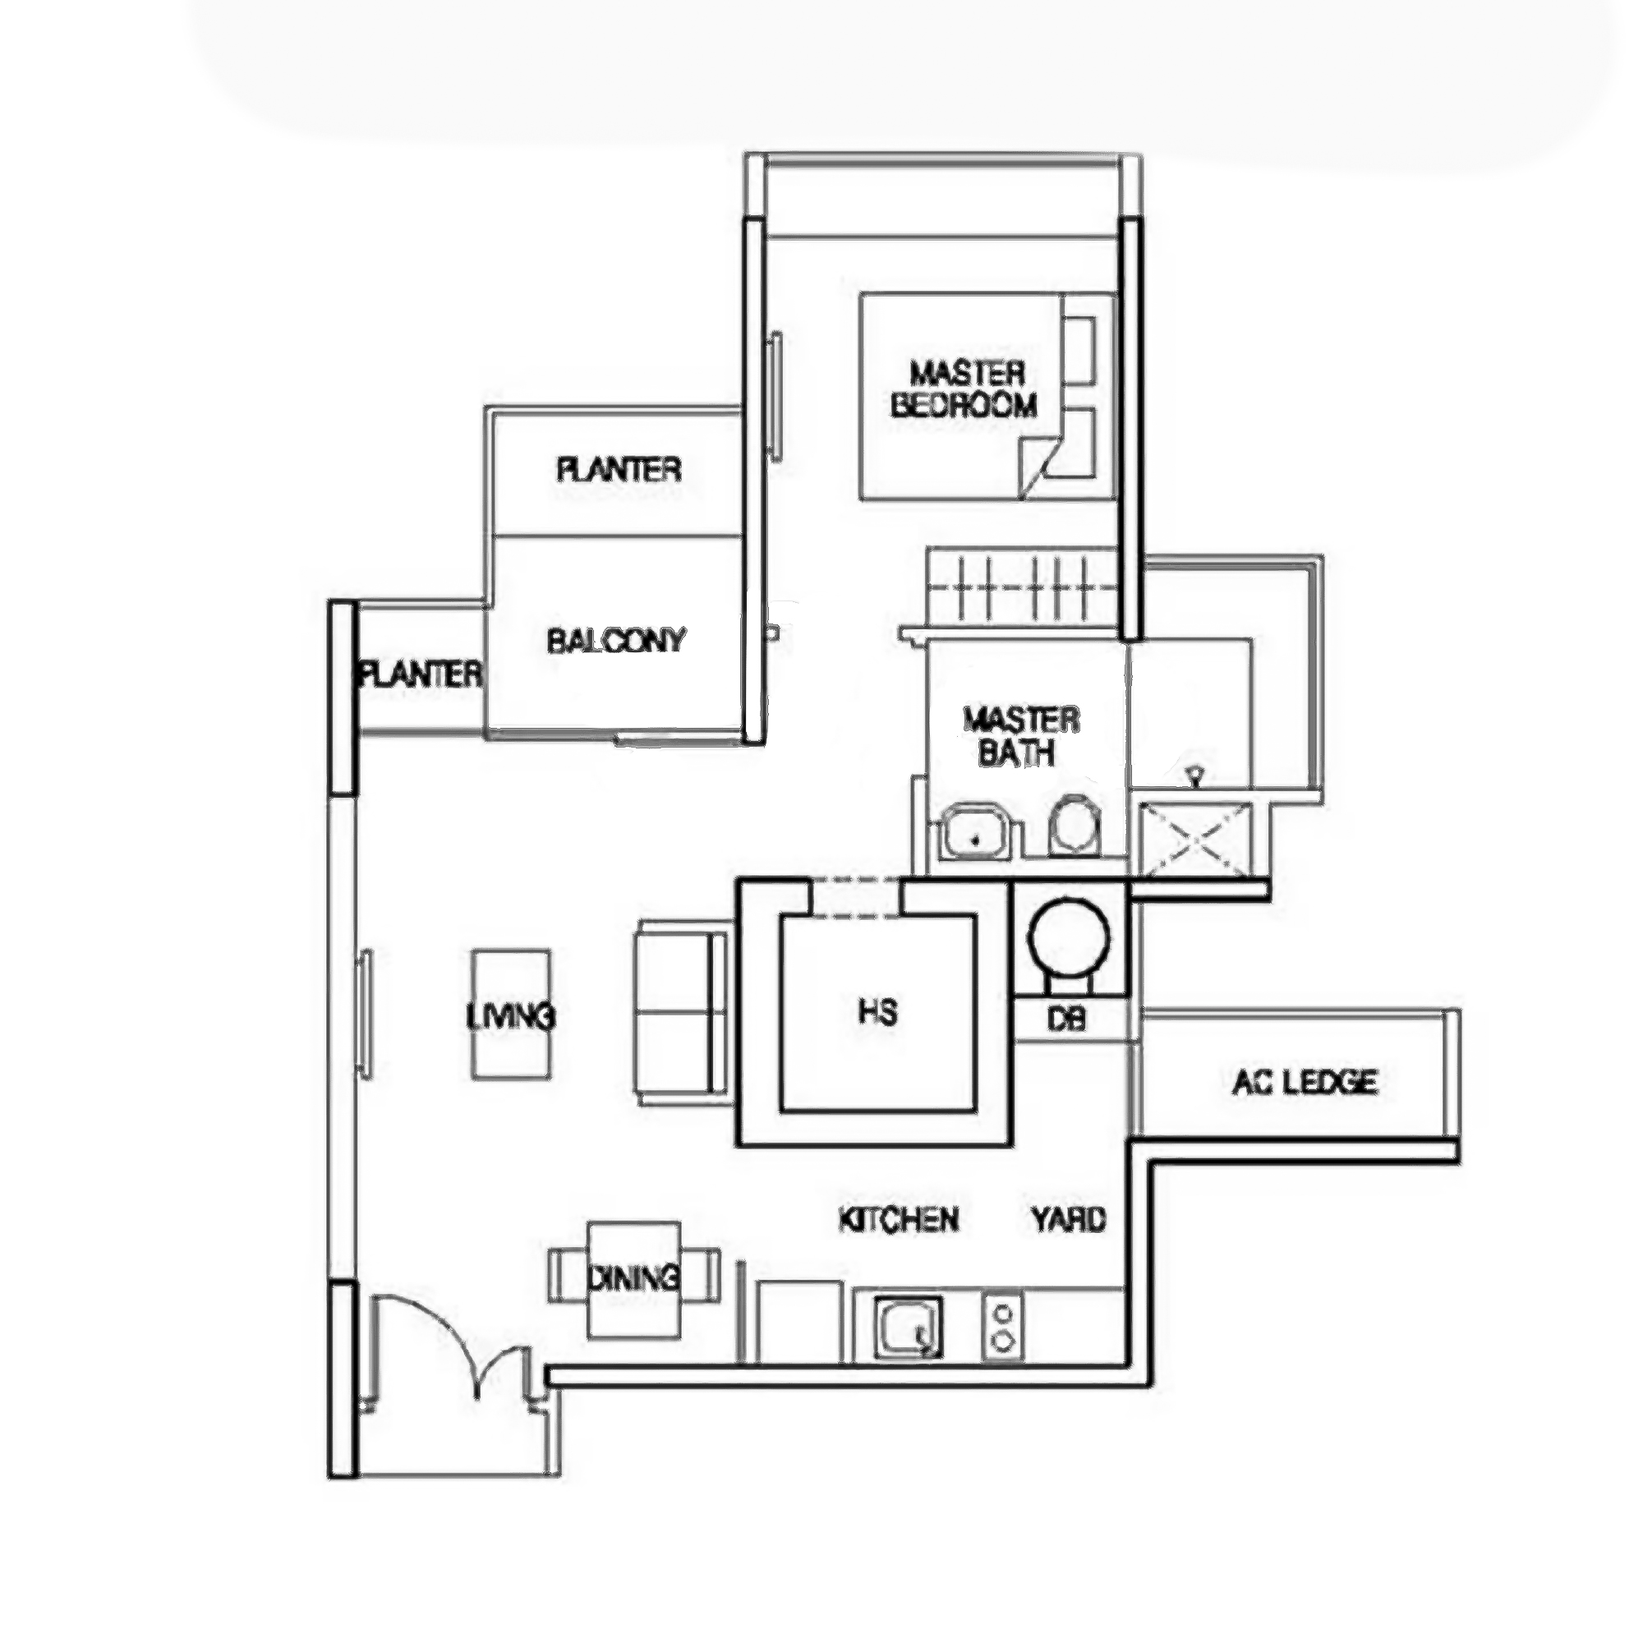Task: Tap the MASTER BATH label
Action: coord(1020,736)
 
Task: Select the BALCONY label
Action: coord(615,641)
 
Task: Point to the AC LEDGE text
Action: coord(1305,1082)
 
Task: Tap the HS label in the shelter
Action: coord(877,1012)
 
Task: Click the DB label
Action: coord(1066,1019)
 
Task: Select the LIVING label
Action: coord(511,1015)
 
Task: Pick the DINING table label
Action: coord(633,1278)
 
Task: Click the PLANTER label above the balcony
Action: coord(619,469)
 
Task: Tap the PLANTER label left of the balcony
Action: coord(420,675)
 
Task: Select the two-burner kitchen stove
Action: coord(1004,1327)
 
